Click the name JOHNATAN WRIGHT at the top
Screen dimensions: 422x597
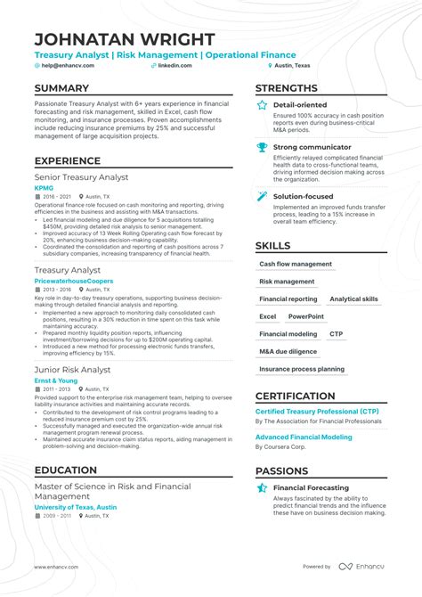[125, 39]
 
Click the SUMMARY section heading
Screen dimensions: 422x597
[61, 88]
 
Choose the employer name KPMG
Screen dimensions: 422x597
[44, 188]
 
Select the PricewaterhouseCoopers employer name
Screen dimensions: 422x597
[74, 280]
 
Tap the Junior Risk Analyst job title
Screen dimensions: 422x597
[72, 370]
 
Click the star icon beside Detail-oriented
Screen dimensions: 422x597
[262, 105]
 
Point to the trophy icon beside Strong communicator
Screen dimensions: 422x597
[262, 147]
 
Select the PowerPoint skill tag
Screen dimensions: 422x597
[305, 316]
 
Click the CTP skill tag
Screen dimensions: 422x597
[336, 334]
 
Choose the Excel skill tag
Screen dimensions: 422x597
[268, 316]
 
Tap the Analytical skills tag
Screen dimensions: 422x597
[353, 299]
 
